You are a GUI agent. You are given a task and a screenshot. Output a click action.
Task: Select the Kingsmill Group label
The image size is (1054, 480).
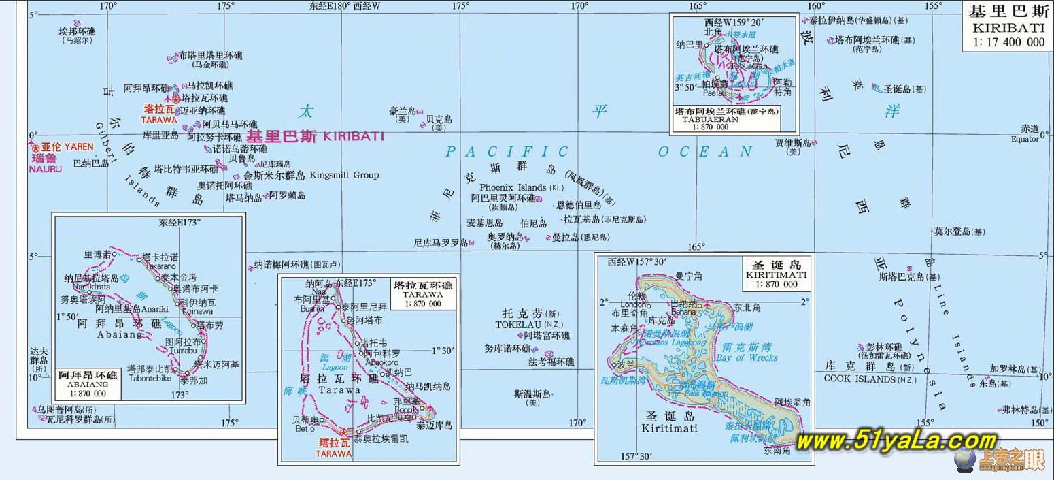click(x=344, y=175)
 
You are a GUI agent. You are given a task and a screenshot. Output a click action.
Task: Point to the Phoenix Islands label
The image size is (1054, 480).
click(x=513, y=187)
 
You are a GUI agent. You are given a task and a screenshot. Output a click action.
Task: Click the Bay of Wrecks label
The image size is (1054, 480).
click(x=746, y=357)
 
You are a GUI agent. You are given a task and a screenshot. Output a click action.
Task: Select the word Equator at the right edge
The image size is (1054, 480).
click(x=1025, y=138)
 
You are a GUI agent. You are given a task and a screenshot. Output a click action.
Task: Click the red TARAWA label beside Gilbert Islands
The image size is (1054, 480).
click(x=159, y=119)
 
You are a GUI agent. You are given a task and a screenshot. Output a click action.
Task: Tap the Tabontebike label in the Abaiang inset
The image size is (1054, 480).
click(x=150, y=379)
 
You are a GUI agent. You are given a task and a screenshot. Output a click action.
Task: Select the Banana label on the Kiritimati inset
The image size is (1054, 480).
click(x=683, y=311)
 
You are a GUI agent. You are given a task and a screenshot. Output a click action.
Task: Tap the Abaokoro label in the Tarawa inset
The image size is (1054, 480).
click(x=381, y=362)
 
